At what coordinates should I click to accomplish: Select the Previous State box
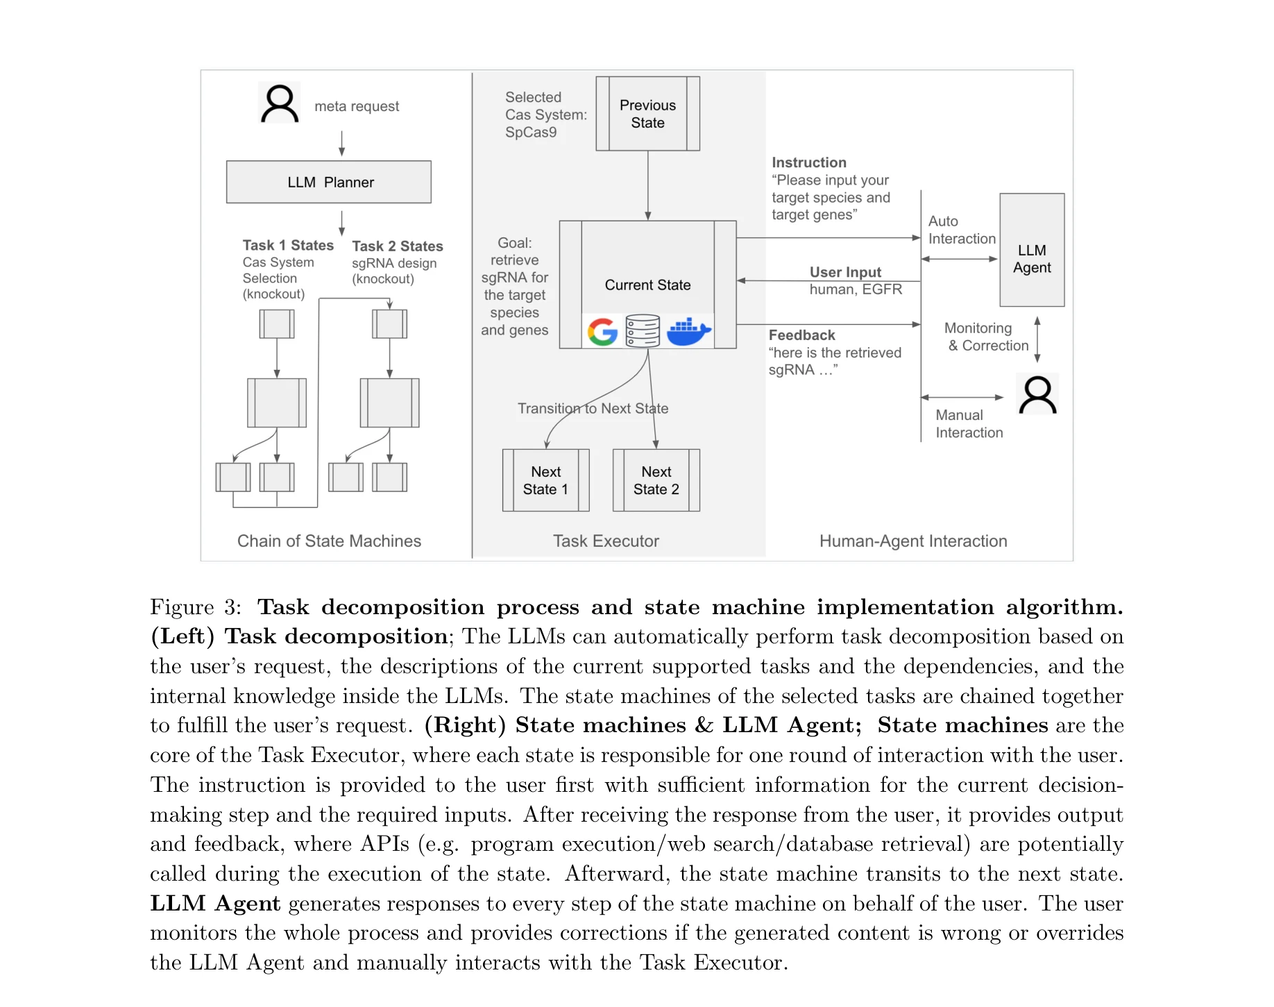647,114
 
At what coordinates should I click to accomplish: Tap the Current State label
647,285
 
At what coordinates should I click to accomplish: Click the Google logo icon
602,332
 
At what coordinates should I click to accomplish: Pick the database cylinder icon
643,331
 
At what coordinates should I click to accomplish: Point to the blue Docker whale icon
688,332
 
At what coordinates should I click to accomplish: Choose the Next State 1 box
545,480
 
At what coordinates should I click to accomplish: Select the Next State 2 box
656,480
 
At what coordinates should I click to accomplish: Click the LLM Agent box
1031,250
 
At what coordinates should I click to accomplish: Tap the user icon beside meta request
280,103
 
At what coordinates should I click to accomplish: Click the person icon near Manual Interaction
1037,395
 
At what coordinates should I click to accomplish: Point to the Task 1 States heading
288,245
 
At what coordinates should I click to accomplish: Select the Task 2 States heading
397,246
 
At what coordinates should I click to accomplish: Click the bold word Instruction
808,162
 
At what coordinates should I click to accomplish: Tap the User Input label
844,272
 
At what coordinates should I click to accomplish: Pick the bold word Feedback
801,335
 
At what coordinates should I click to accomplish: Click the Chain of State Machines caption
329,541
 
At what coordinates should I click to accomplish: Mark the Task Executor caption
606,541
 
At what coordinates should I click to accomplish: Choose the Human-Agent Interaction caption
912,541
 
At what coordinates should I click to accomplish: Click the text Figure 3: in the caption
195,607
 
